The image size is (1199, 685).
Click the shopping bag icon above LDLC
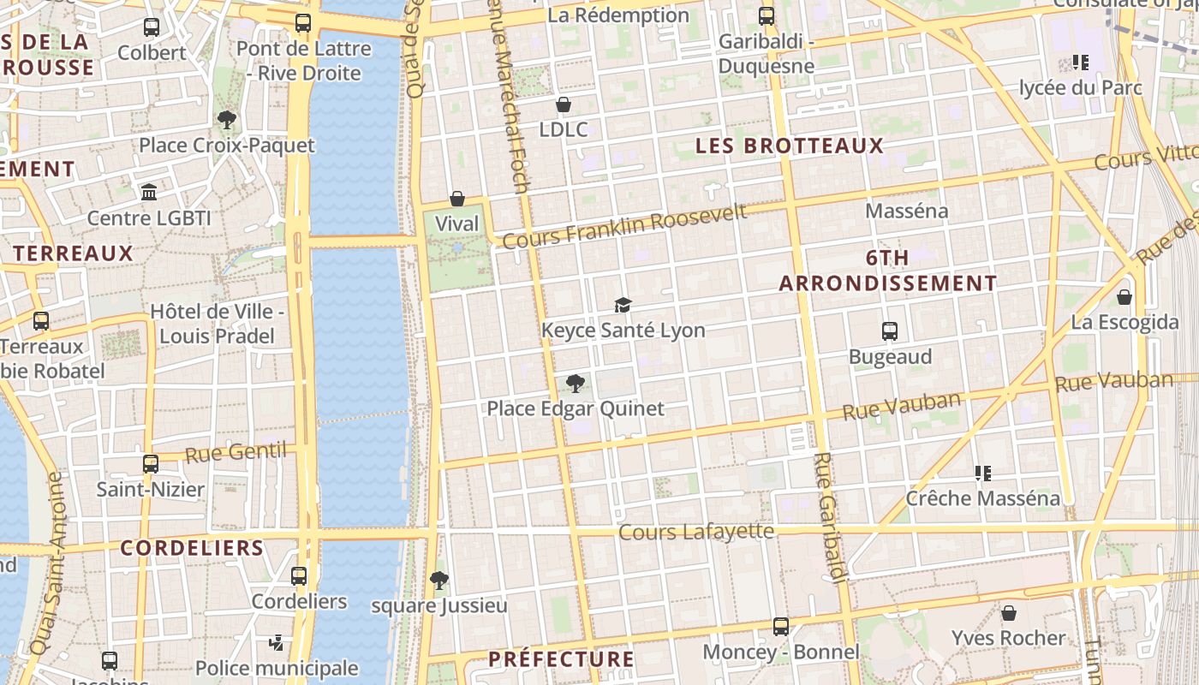pyautogui.click(x=564, y=105)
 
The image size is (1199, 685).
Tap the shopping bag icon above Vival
pyautogui.click(x=457, y=200)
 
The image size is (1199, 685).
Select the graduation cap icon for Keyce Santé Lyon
pyautogui.click(x=623, y=305)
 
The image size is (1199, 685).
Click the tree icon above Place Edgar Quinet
pyautogui.click(x=576, y=384)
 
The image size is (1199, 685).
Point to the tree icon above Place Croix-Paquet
pyautogui.click(x=227, y=120)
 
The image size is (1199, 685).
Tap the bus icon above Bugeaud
pyautogui.click(x=890, y=331)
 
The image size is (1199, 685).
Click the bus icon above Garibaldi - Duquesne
pyautogui.click(x=767, y=16)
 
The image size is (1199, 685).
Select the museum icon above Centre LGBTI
pyautogui.click(x=149, y=192)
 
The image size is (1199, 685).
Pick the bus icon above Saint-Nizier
pyautogui.click(x=151, y=464)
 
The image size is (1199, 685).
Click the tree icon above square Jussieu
pyautogui.click(x=438, y=581)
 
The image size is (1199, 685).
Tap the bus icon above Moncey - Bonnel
pyautogui.click(x=781, y=627)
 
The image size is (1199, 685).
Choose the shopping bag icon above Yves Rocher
pyautogui.click(x=1009, y=613)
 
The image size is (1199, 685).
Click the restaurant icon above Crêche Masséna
pyautogui.click(x=983, y=473)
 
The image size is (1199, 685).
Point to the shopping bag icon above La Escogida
pyautogui.click(x=1124, y=297)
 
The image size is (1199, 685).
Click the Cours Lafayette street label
pyautogui.click(x=696, y=532)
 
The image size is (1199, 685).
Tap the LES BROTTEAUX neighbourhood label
pyautogui.click(x=789, y=146)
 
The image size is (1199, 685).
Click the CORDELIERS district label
pyautogui.click(x=192, y=548)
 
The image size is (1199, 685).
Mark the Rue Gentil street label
pyautogui.click(x=236, y=452)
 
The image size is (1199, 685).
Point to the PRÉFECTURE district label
pyautogui.click(x=561, y=659)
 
